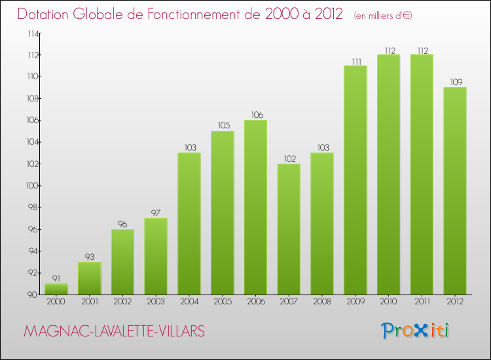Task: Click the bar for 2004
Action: (189, 223)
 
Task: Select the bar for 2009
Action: (355, 180)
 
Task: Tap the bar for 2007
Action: (289, 229)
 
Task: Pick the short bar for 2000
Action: (56, 289)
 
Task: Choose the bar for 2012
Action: (455, 190)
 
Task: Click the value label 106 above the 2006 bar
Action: (255, 115)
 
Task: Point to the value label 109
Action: (455, 82)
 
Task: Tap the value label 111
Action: (355, 61)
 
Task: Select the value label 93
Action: (89, 257)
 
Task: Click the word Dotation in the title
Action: (46, 14)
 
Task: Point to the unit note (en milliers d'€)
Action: (383, 15)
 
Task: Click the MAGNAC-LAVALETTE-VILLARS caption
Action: (114, 332)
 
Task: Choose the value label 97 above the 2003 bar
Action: (156, 213)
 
